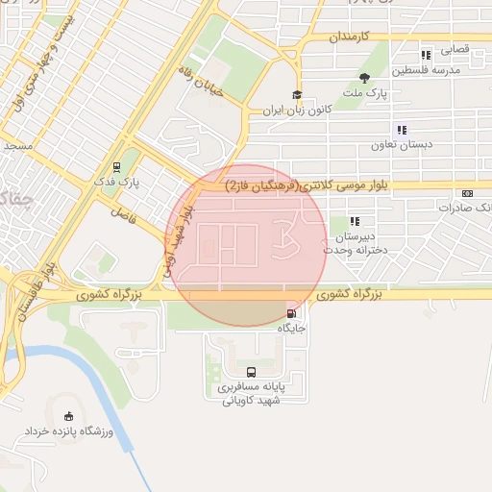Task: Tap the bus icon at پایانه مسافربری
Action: coord(251,372)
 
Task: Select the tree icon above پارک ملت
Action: coord(364,78)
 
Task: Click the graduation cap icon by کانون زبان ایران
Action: coord(297,95)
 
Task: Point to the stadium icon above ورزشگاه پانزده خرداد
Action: coord(67,416)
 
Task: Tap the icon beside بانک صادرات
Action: coord(467,193)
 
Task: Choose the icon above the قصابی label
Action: coord(426,55)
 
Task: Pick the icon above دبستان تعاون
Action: coord(402,130)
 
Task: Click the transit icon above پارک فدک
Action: coord(116,165)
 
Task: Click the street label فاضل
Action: coord(124,214)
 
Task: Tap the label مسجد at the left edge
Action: coord(17,146)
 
